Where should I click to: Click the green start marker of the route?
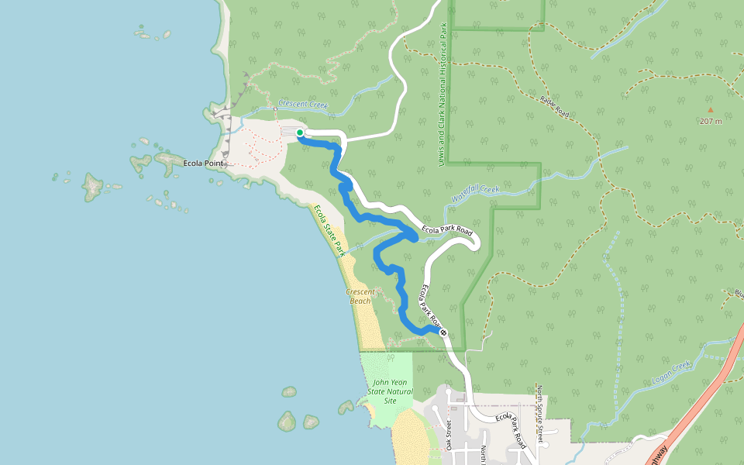click(x=300, y=133)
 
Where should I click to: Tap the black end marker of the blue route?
click(x=444, y=332)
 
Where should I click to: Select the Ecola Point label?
click(x=204, y=164)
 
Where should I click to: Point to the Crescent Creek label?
click(x=303, y=105)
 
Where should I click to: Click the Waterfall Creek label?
click(x=476, y=193)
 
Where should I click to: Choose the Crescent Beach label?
click(x=360, y=296)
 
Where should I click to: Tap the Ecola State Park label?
click(x=329, y=231)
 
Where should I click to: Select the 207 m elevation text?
click(x=710, y=122)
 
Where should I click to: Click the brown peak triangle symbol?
click(x=710, y=110)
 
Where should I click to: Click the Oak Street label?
click(x=448, y=435)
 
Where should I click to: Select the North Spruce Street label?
click(x=539, y=415)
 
